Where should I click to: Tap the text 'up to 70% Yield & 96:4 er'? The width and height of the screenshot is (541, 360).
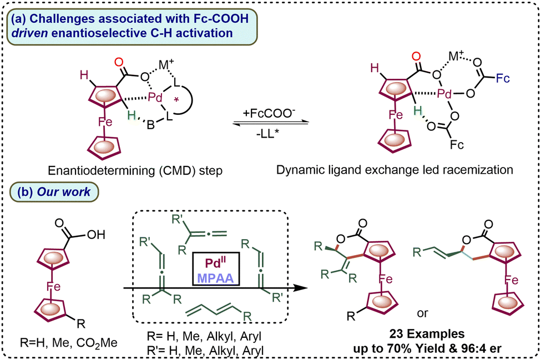click(x=431, y=349)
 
